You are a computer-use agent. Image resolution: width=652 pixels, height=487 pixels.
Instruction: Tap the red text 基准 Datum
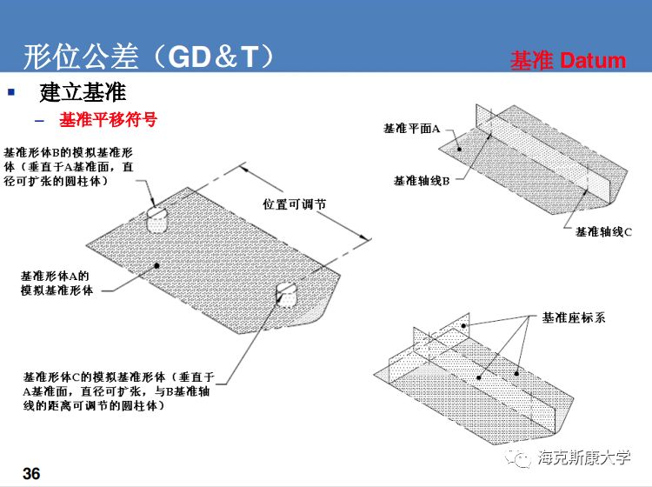click(x=568, y=60)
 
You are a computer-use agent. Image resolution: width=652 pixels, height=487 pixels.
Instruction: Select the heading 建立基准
click(x=83, y=92)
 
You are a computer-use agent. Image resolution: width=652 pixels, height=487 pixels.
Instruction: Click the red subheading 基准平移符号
click(x=108, y=119)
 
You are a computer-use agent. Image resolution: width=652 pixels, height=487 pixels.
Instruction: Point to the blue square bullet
click(x=11, y=90)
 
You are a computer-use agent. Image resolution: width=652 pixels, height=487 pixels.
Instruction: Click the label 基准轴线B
click(x=421, y=181)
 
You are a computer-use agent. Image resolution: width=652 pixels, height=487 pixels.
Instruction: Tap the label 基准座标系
click(x=573, y=317)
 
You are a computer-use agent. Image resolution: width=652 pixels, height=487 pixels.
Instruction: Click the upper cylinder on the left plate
click(x=157, y=218)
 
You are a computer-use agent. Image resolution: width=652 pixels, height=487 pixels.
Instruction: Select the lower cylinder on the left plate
click(x=288, y=293)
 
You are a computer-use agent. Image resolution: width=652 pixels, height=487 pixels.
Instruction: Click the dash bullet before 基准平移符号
click(x=38, y=120)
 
